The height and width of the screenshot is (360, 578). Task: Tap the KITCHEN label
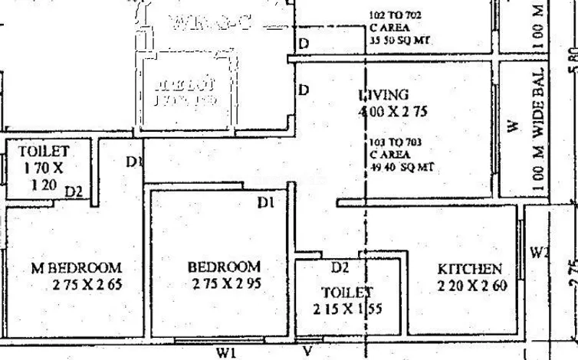[470, 270]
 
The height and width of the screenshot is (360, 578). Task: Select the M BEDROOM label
[76, 268]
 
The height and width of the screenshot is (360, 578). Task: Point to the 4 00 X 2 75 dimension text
[392, 112]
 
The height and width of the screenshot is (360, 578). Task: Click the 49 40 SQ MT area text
[396, 168]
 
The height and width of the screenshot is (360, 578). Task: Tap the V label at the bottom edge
[307, 352]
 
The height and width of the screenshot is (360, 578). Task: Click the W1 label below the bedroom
[225, 352]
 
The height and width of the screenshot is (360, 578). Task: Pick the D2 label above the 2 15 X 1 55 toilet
[340, 268]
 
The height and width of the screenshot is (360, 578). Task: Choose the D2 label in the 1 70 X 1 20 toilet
[74, 192]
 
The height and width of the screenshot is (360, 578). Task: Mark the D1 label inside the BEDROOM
[266, 203]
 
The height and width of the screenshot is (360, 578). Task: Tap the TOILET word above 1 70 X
[44, 152]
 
